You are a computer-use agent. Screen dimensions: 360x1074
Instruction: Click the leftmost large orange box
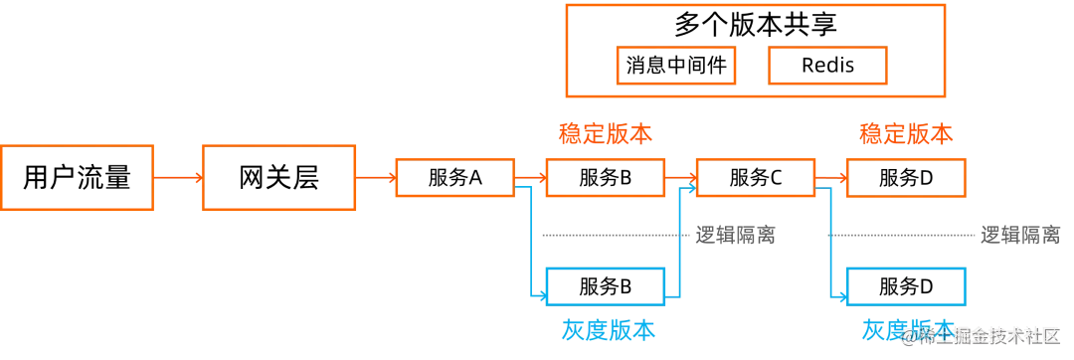pyautogui.click(x=80, y=178)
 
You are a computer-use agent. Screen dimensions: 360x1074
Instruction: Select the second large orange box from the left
pyautogui.click(x=278, y=178)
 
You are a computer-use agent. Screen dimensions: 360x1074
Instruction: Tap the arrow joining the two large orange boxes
pyautogui.click(x=178, y=178)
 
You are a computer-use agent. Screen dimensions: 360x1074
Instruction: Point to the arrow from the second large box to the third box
pyautogui.click(x=376, y=178)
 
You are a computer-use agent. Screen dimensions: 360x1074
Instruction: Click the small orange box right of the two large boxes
pyautogui.click(x=454, y=178)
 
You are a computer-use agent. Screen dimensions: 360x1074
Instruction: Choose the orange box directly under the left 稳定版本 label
pyautogui.click(x=605, y=178)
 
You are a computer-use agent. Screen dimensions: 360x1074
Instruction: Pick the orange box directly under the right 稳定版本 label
pyautogui.click(x=905, y=178)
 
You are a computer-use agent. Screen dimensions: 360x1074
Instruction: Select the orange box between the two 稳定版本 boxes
pyautogui.click(x=757, y=178)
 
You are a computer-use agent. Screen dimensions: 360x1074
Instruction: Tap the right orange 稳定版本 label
pyautogui.click(x=905, y=133)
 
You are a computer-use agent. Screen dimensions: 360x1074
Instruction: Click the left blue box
pyautogui.click(x=605, y=286)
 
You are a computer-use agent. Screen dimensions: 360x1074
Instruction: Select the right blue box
pyautogui.click(x=905, y=286)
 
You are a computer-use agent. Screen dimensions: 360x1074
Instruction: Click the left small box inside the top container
pyautogui.click(x=676, y=67)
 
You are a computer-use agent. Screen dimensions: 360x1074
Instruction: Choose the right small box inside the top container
pyautogui.click(x=827, y=67)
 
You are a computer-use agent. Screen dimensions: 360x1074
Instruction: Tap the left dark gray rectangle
pyautogui.click(x=735, y=235)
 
